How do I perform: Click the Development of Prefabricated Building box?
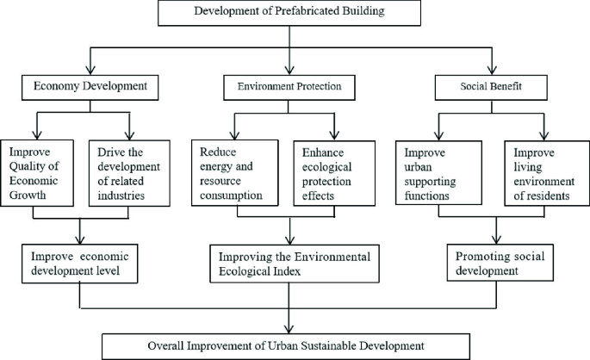(290, 12)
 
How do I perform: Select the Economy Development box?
(84, 86)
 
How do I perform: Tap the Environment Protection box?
(289, 86)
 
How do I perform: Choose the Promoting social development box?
(498, 262)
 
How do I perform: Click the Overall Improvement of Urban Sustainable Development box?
(286, 345)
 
